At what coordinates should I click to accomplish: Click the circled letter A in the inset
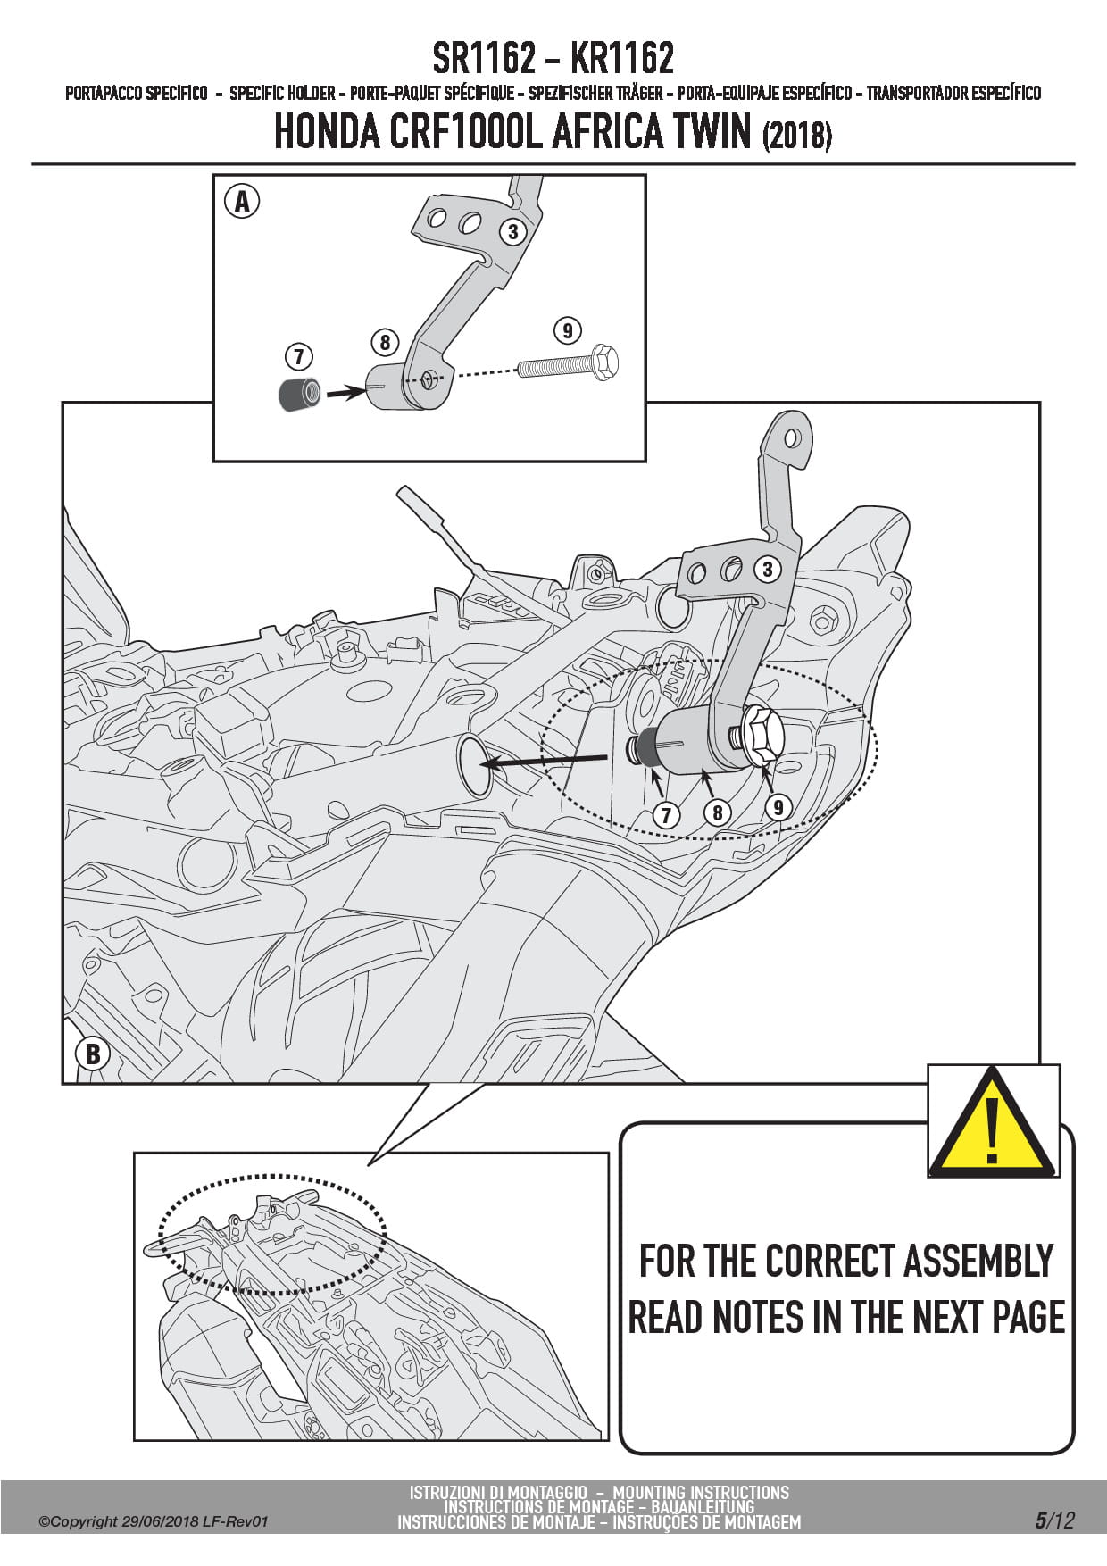tap(242, 202)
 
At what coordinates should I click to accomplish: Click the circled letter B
tap(92, 1054)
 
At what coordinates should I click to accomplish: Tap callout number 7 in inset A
tap(298, 357)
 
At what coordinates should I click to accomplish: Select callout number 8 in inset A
tap(385, 342)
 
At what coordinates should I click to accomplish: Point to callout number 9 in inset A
tap(568, 330)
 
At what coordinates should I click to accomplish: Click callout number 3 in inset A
tap(512, 231)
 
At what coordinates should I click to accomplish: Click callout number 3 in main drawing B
tap(767, 569)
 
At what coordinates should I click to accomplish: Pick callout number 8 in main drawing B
tap(717, 812)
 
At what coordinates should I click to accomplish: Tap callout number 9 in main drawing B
tap(778, 807)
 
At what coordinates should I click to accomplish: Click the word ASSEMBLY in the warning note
tap(978, 1262)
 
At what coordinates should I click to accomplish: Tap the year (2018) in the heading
tap(797, 136)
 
